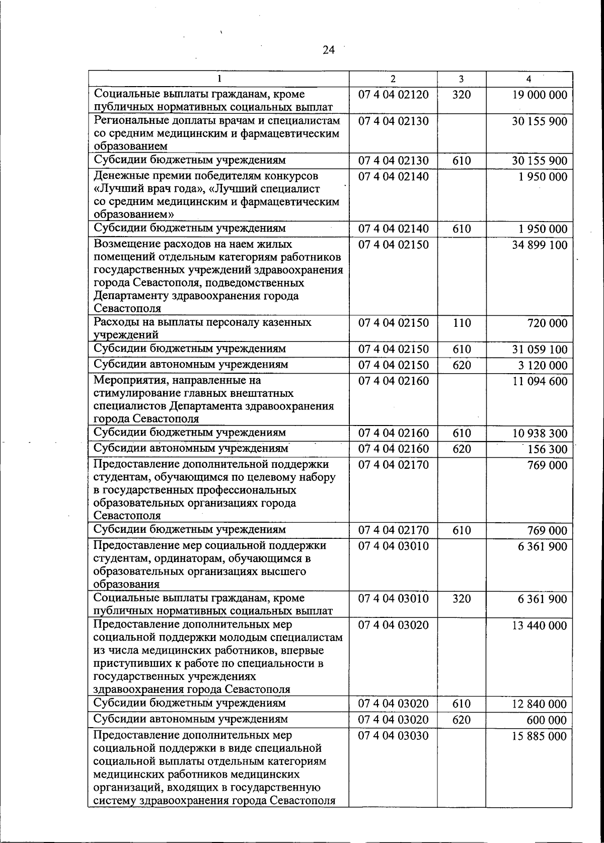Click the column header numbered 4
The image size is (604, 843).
tap(528, 79)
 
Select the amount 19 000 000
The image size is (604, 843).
tap(540, 95)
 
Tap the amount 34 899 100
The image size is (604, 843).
tap(540, 245)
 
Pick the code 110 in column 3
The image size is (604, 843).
tap(461, 323)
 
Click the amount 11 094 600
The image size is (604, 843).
tap(540, 381)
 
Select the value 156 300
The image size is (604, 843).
tap(547, 449)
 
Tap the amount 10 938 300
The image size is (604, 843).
tap(540, 434)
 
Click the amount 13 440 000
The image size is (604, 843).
tap(540, 626)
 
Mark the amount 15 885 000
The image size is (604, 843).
tap(540, 736)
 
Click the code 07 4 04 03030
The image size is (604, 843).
tap(393, 736)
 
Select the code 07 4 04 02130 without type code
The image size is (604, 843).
tap(393, 121)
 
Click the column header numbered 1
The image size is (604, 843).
tap(219, 79)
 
